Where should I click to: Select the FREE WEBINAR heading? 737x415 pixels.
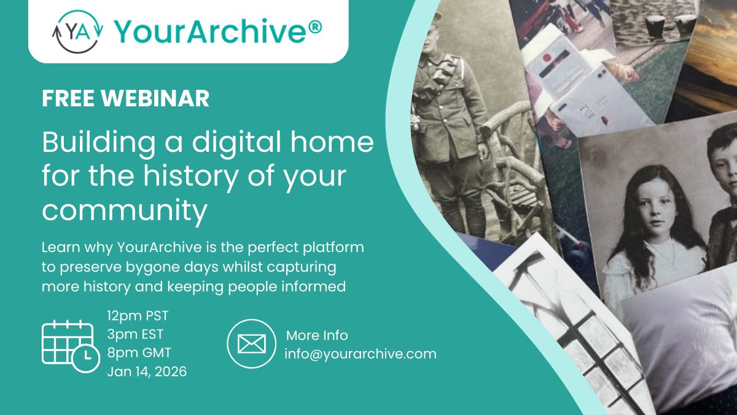pyautogui.click(x=125, y=99)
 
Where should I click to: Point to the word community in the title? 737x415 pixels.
pyautogui.click(x=125, y=211)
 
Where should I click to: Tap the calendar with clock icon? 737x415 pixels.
pyautogui.click(x=70, y=345)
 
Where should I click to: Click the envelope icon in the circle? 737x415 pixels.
pyautogui.click(x=251, y=344)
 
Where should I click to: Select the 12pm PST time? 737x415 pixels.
pyautogui.click(x=138, y=316)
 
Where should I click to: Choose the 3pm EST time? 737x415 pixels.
pyautogui.click(x=135, y=334)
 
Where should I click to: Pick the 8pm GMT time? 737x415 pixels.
pyautogui.click(x=139, y=353)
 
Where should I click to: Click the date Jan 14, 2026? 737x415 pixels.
pyautogui.click(x=147, y=371)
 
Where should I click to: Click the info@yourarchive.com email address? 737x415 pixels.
pyautogui.click(x=361, y=354)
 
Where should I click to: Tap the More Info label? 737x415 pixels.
pyautogui.click(x=317, y=336)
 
